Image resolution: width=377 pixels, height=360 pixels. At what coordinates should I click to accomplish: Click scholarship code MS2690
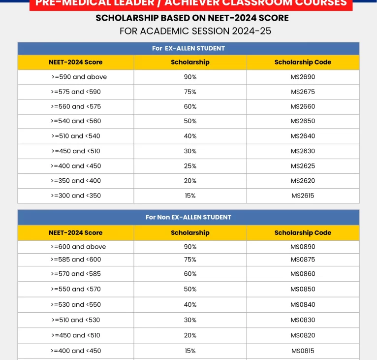[303, 77]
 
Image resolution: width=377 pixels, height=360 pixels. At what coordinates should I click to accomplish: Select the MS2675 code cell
[303, 92]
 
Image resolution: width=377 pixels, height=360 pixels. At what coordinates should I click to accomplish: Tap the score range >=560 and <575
[76, 106]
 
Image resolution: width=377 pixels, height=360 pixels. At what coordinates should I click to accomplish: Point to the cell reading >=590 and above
[79, 77]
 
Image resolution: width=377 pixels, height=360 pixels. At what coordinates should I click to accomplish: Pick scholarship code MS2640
[303, 136]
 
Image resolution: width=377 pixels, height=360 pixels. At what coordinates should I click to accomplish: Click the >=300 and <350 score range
[76, 196]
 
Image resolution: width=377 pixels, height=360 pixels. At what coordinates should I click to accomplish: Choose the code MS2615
[303, 196]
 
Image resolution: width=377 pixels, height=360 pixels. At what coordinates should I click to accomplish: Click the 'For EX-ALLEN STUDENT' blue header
[188, 48]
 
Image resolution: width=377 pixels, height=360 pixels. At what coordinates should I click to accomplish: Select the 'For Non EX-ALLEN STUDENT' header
[188, 217]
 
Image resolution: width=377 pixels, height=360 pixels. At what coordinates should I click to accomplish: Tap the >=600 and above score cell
[78, 247]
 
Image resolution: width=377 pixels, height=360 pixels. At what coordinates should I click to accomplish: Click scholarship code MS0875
[303, 260]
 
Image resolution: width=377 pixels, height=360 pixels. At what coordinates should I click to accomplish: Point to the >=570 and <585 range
[76, 274]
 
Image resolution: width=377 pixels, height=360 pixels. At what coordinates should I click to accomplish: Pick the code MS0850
[303, 289]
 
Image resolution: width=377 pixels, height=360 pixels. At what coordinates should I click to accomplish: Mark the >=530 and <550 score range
[76, 304]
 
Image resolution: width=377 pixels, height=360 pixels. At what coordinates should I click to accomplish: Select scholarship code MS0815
[303, 351]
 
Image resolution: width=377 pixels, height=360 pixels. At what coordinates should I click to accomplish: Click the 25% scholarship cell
[190, 166]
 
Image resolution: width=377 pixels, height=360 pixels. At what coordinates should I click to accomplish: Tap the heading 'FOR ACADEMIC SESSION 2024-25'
[195, 31]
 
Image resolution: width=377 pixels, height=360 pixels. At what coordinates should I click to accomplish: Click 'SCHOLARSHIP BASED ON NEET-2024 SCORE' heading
[192, 18]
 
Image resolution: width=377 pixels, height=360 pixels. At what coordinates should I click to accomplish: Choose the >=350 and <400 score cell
[76, 181]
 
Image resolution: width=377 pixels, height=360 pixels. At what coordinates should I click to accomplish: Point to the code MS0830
[303, 320]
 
